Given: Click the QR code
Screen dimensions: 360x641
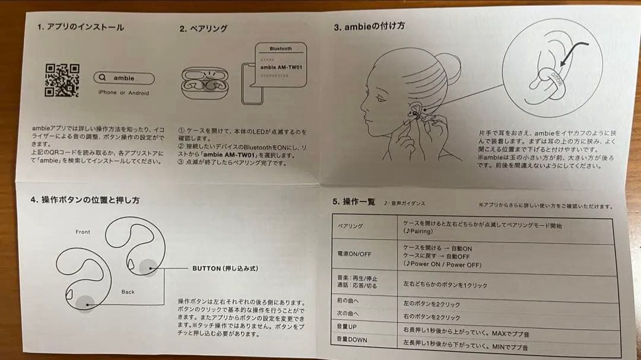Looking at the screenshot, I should [62, 80].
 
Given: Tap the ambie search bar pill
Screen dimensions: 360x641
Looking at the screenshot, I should [124, 78].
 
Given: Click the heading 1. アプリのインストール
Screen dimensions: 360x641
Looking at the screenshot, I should [81, 27].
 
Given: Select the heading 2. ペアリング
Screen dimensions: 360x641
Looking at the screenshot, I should [204, 28].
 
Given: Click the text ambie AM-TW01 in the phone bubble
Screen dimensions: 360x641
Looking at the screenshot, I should [282, 67].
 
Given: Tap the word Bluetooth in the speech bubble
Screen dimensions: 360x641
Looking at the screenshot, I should [280, 49].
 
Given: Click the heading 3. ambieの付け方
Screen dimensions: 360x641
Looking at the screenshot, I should [369, 27].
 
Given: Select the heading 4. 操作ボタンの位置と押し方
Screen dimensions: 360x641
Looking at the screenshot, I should [85, 200].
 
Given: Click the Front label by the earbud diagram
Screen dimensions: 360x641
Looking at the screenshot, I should [83, 232].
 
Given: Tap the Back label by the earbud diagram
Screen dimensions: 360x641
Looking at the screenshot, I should [128, 292].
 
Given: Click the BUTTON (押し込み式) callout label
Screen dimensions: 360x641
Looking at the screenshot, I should [225, 269].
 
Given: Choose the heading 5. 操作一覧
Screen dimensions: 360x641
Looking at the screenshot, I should [354, 202].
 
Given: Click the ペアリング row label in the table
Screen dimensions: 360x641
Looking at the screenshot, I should [350, 227].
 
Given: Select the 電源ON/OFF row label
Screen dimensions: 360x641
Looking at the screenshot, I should [354, 254].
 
